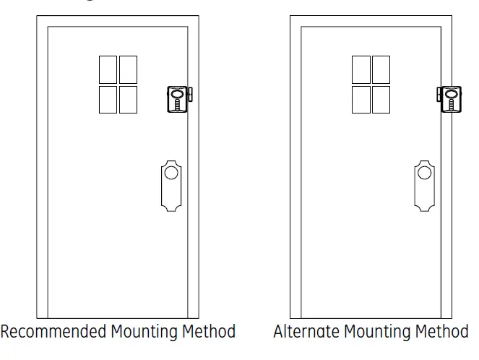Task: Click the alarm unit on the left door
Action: click(x=176, y=98)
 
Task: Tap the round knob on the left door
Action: click(x=171, y=173)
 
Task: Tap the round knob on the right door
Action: click(x=425, y=173)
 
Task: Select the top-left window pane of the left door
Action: click(x=108, y=69)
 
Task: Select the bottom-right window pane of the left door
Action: click(x=128, y=99)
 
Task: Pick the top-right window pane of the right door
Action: click(x=381, y=69)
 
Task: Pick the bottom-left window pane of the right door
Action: click(x=361, y=99)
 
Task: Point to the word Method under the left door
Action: click(x=210, y=332)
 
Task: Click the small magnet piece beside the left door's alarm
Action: click(x=191, y=95)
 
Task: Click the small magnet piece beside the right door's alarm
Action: click(x=439, y=94)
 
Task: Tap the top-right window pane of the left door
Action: click(x=128, y=69)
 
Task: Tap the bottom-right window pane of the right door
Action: click(x=381, y=99)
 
